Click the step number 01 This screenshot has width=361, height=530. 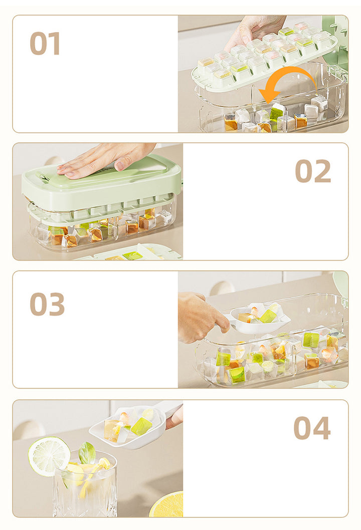[45, 43]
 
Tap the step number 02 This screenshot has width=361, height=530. [313, 171]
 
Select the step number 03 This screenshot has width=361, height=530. [47, 304]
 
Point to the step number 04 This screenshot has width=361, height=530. [312, 428]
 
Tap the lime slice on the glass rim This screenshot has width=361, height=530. [49, 456]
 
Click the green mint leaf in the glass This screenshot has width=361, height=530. [87, 453]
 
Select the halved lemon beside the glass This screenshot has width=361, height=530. [166, 504]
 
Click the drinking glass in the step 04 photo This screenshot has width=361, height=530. [85, 483]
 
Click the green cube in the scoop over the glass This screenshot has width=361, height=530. [141, 426]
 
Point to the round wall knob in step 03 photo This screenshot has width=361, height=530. [222, 289]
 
